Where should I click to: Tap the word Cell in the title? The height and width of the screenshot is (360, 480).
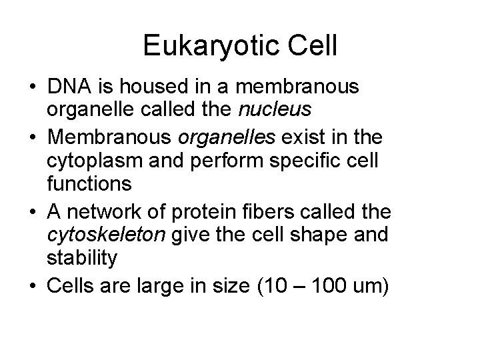pos(313,47)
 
